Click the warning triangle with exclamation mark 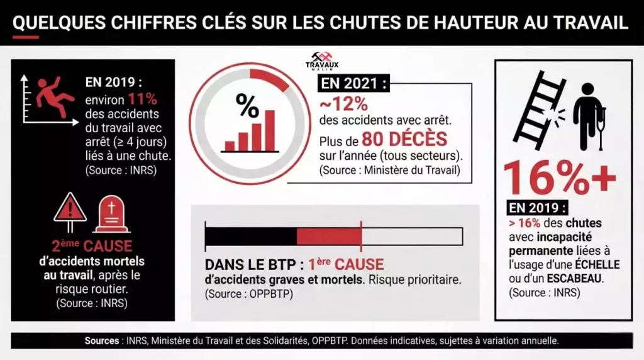tap(69, 208)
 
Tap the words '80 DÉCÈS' tap(408, 139)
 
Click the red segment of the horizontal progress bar tap(328, 236)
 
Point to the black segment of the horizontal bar tap(251, 236)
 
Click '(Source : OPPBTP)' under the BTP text tap(249, 294)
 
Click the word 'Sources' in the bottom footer tap(103, 340)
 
